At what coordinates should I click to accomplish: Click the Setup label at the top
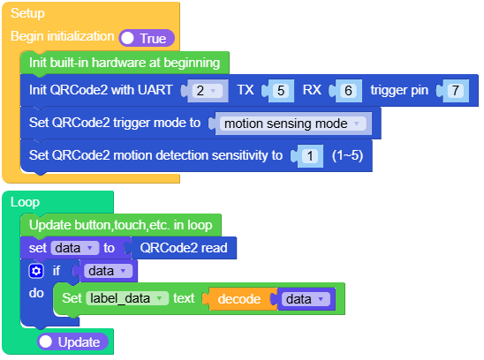pyautogui.click(x=27, y=14)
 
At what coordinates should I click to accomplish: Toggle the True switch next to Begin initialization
pyautogui.click(x=147, y=38)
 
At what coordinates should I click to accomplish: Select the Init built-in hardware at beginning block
pyautogui.click(x=125, y=63)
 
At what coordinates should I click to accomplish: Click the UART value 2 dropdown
pyautogui.click(x=205, y=90)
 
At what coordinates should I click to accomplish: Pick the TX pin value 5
pyautogui.click(x=280, y=90)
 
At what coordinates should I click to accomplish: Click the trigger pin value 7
pyautogui.click(x=454, y=90)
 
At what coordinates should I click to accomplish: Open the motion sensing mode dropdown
pyautogui.click(x=292, y=124)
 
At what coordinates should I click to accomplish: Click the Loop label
pyautogui.click(x=25, y=202)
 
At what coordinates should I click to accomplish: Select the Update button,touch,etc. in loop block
pyautogui.click(x=120, y=225)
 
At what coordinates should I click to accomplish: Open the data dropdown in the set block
pyautogui.click(x=73, y=249)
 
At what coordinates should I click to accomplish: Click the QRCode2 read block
pyautogui.click(x=184, y=249)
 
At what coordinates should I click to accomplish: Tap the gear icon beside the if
pyautogui.click(x=36, y=271)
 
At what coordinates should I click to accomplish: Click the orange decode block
pyautogui.click(x=240, y=299)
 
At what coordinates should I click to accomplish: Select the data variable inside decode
pyautogui.click(x=305, y=299)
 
